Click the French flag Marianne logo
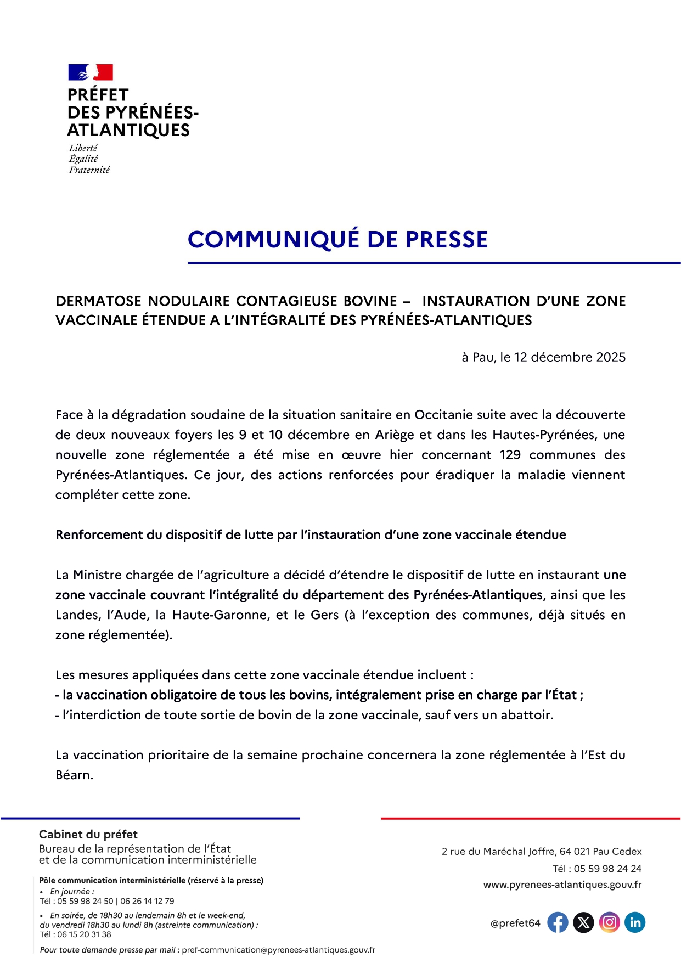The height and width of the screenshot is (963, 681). click(x=91, y=72)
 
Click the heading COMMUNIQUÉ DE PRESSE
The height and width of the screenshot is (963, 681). click(x=337, y=240)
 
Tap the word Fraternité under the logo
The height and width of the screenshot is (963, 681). click(x=89, y=170)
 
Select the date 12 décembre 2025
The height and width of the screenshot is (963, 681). click(x=570, y=357)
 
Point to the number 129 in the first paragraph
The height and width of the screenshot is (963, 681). click(x=510, y=455)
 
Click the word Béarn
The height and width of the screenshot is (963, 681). click(x=74, y=775)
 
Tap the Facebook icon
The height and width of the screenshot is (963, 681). click(x=558, y=923)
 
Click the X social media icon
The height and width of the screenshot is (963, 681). click(x=583, y=923)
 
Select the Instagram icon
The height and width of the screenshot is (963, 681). click(x=609, y=923)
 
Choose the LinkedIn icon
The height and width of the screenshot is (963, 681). click(x=635, y=923)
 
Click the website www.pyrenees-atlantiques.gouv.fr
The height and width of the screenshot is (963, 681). click(x=562, y=885)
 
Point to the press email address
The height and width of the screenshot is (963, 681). click(x=278, y=950)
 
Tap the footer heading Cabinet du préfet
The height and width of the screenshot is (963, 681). click(x=88, y=834)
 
